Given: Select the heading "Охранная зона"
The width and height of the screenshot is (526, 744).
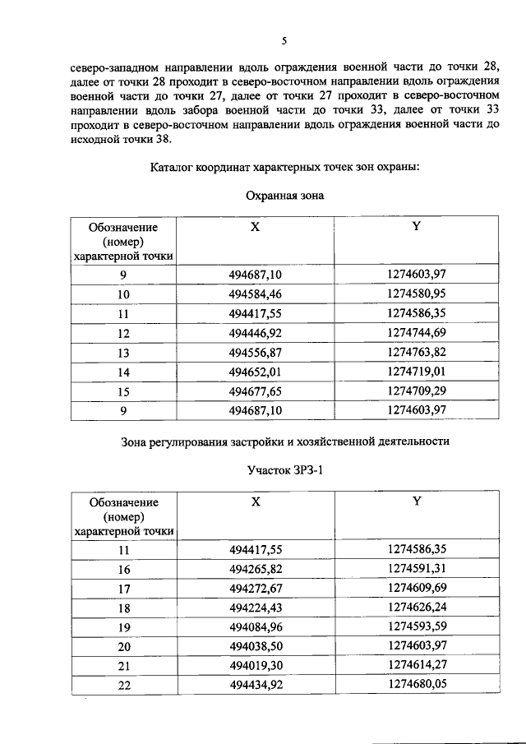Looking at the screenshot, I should (284, 196).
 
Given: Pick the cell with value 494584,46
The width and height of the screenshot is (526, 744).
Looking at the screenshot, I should (255, 293).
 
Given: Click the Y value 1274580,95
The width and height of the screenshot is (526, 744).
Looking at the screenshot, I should (415, 293).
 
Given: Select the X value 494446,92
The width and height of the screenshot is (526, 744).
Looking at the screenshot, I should (255, 333).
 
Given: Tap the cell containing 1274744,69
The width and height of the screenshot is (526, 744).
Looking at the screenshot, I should (415, 333).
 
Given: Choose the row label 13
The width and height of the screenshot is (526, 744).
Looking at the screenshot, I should (124, 353).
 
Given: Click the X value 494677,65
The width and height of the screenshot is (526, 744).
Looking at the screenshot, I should (255, 391).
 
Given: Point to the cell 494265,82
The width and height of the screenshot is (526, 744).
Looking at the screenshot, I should (255, 569).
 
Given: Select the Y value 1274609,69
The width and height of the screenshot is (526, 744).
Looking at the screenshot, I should (415, 589).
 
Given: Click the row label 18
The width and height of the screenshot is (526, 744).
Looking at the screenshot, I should (124, 608).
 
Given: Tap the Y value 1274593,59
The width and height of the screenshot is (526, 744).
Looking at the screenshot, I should (415, 628).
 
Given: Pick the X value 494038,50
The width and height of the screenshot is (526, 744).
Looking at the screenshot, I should (255, 648).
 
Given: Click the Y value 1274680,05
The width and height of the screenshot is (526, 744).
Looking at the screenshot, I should (415, 686).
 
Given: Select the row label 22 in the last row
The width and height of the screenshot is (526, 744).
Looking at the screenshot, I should (124, 686).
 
